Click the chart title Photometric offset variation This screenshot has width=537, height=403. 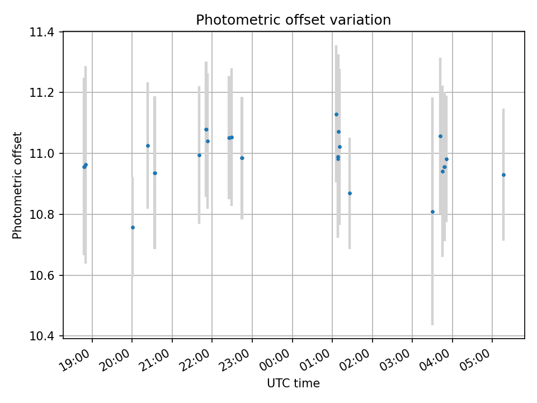293,20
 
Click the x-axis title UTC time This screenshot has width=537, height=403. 293,383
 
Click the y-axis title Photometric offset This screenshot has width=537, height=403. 17,185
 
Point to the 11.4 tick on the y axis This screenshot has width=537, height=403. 45,32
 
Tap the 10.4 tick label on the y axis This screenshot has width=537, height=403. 45,336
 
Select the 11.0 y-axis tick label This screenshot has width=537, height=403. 45,153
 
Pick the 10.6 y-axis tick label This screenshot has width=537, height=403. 45,275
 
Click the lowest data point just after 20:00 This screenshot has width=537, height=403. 133,227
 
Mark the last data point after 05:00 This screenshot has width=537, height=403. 503,175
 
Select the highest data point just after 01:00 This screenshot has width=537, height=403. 336,114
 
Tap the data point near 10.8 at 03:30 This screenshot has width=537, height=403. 432,212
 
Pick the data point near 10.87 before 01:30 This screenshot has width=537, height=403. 350,193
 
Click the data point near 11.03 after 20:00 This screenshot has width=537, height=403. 148,146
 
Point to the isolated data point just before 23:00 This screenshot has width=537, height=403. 242,158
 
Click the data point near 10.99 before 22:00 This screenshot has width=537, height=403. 199,155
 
